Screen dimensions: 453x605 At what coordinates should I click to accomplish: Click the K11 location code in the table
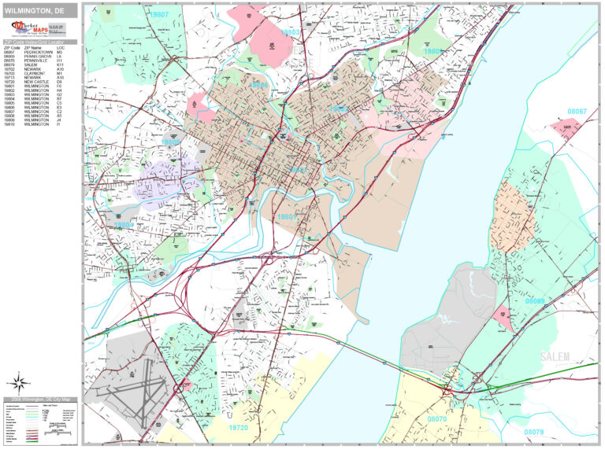[x=60, y=64]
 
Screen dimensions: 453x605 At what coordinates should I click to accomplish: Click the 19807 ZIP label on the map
[x=161, y=14]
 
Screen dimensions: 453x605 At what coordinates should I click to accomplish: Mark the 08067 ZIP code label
[x=578, y=112]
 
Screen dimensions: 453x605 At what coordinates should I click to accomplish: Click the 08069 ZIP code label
[x=535, y=301]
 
